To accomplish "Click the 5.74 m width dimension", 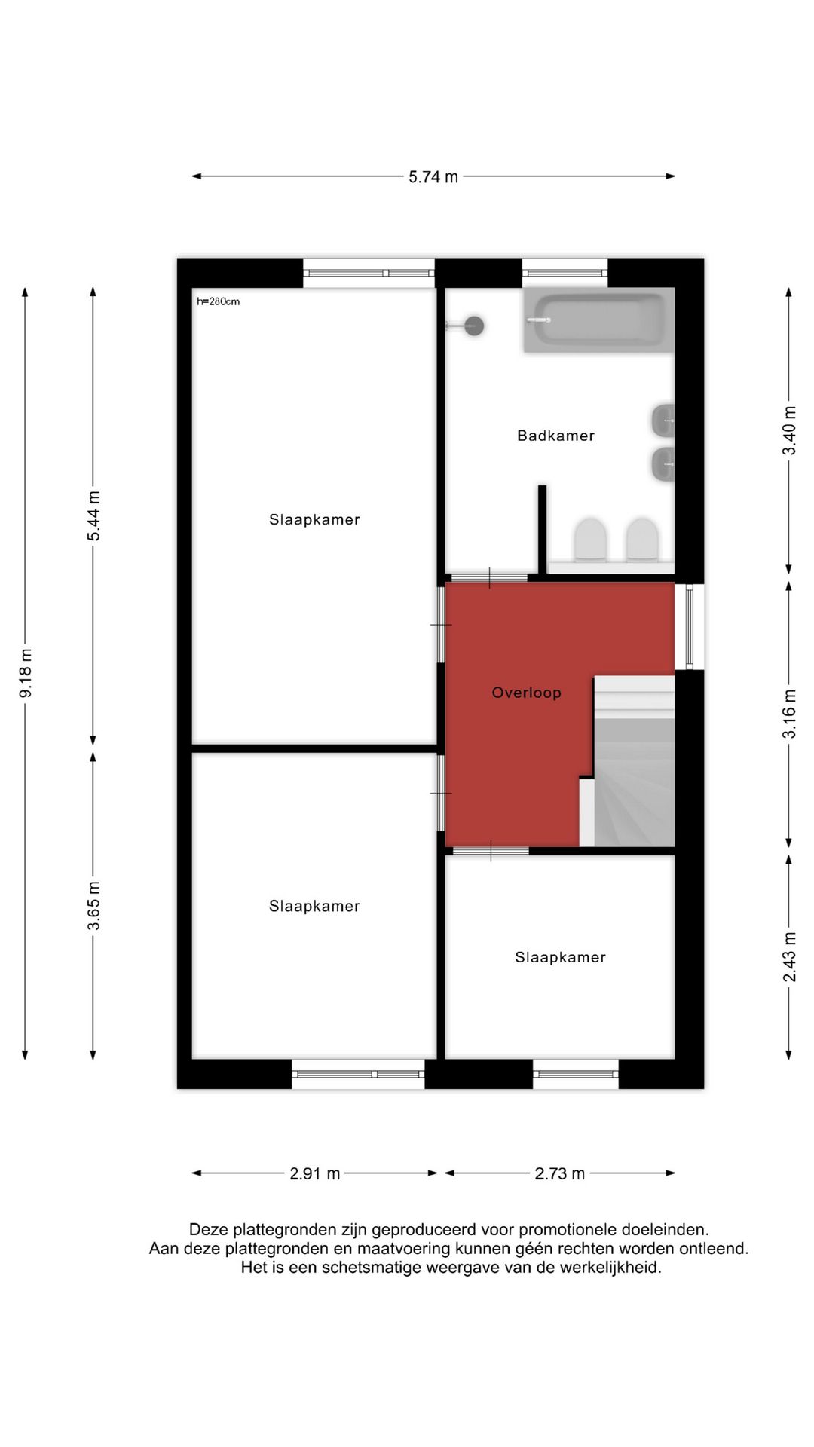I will [x=433, y=177].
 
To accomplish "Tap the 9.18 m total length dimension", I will [x=26, y=672].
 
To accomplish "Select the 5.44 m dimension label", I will [x=93, y=515].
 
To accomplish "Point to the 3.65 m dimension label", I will [x=93, y=905].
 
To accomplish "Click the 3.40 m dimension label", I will [x=789, y=430].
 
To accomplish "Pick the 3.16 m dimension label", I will [x=789, y=714].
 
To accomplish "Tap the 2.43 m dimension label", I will [x=789, y=957].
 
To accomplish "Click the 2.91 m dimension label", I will [x=315, y=1173].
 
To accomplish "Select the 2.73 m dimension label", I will [x=560, y=1173].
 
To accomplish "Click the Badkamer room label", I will [x=555, y=436].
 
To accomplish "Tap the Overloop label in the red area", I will [x=526, y=693].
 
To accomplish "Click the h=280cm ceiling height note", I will [x=218, y=301].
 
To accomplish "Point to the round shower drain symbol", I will [x=474, y=326].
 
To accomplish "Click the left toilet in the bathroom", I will [x=590, y=538].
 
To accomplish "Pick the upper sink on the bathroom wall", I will [x=663, y=419].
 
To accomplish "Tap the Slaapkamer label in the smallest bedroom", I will [x=560, y=957].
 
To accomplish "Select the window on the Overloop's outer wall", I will [x=689, y=626].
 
